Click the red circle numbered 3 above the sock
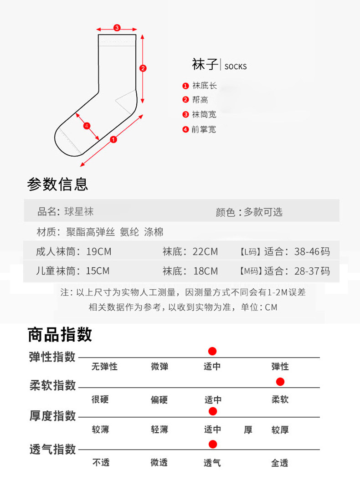(x=117, y=28)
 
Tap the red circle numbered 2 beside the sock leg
(x=143, y=68)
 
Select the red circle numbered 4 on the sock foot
(x=87, y=126)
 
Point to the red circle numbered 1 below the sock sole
(x=113, y=140)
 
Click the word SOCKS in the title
(x=236, y=66)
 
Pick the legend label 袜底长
(x=204, y=86)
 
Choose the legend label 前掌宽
(x=204, y=129)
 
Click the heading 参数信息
(x=57, y=184)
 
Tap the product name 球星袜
(x=79, y=211)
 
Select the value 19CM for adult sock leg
(x=99, y=252)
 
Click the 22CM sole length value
(x=205, y=252)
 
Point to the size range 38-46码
(x=312, y=252)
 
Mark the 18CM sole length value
(x=206, y=271)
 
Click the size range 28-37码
(x=312, y=271)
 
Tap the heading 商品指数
(x=60, y=335)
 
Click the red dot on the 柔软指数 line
(x=280, y=382)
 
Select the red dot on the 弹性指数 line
(x=212, y=351)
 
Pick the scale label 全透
(x=280, y=463)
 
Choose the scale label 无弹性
(x=104, y=367)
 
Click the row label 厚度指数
(x=53, y=416)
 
